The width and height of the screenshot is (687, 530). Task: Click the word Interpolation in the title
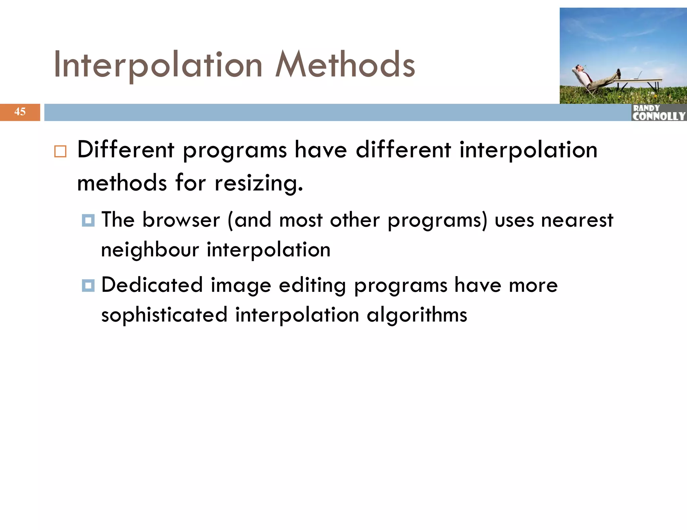pyautogui.click(x=158, y=65)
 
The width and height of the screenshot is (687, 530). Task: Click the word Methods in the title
pyautogui.click(x=345, y=65)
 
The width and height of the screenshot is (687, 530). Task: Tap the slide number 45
pyautogui.click(x=20, y=112)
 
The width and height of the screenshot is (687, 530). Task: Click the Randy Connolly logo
pyautogui.click(x=658, y=113)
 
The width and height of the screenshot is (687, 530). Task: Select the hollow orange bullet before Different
pyautogui.click(x=60, y=151)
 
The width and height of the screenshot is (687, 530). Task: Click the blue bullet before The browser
pyautogui.click(x=88, y=220)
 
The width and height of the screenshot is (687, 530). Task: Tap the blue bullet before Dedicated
pyautogui.click(x=88, y=285)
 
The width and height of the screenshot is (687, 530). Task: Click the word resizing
pyautogui.click(x=258, y=184)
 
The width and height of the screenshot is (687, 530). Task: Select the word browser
pyautogui.click(x=181, y=220)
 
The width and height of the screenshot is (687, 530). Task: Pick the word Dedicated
pyautogui.click(x=152, y=285)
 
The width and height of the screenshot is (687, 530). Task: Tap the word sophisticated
pyautogui.click(x=164, y=315)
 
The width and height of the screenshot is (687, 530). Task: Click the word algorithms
pyautogui.click(x=417, y=315)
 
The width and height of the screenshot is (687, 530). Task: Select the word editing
pyautogui.click(x=312, y=286)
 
